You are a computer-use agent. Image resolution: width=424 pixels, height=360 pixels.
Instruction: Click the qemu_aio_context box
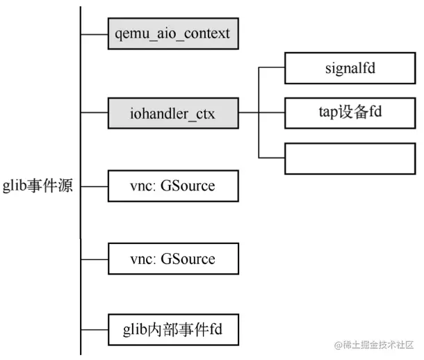tap(173, 33)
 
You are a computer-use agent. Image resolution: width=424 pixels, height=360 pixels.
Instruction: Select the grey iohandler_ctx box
tap(173, 113)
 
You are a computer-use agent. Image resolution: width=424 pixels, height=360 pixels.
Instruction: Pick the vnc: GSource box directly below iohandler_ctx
tap(173, 186)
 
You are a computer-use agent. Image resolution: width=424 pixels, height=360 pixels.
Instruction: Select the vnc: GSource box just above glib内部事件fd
tap(173, 259)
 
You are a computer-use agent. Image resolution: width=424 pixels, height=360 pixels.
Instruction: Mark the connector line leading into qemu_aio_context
tap(94, 33)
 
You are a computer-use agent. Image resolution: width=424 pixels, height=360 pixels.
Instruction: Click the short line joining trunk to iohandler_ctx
tap(94, 113)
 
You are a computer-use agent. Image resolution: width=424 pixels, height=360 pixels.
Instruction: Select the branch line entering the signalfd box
tap(272, 68)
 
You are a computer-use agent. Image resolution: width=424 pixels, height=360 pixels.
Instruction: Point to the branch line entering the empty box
tap(272, 157)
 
